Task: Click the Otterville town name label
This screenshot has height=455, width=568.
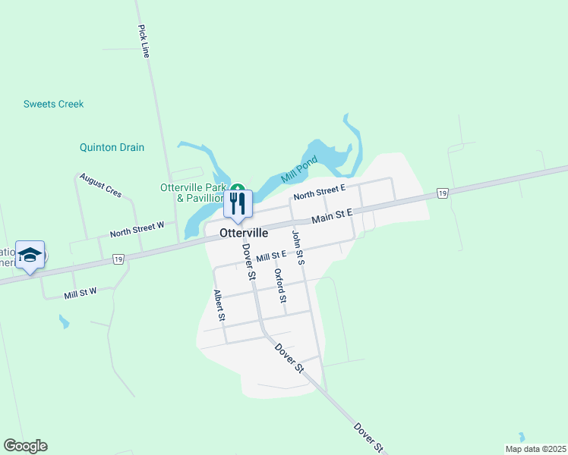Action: point(244,234)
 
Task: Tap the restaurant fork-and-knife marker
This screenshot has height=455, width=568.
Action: point(238,203)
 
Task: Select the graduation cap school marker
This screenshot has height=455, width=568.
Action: point(30,255)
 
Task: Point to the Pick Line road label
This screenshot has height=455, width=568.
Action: point(144,41)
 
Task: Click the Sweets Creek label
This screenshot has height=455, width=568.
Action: point(53,104)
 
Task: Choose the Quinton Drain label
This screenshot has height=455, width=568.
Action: point(112,147)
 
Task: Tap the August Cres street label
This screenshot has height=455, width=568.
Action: point(100,184)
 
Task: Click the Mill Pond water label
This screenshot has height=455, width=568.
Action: point(298,171)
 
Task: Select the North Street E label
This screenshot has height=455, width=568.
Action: point(320,191)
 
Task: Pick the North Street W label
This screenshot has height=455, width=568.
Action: point(137,229)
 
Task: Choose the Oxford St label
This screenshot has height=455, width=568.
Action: point(280,286)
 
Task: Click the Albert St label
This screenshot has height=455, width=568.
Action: point(219,305)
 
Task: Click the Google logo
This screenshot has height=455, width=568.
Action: point(25,446)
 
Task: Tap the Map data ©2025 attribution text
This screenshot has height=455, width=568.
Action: point(535,449)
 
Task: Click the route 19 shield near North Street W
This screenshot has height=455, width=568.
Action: point(118,259)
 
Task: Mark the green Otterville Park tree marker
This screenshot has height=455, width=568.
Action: point(238,187)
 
